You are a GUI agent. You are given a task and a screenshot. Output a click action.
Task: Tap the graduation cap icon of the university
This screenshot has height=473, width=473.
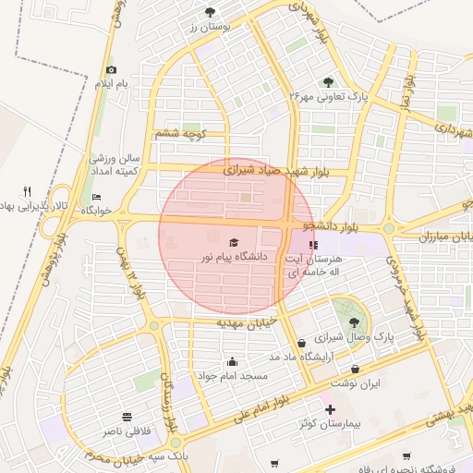[233, 243]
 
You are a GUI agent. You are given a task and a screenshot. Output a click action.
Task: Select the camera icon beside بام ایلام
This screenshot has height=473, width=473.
[112, 69]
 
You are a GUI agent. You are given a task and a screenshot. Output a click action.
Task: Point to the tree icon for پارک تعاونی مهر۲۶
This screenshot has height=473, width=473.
[331, 81]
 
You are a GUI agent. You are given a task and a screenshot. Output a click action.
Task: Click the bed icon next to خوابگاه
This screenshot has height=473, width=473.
[97, 197]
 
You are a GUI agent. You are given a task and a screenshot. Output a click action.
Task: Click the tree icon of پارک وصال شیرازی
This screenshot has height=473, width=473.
[353, 322]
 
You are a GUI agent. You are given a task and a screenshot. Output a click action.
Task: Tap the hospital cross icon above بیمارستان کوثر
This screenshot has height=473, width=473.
[329, 409]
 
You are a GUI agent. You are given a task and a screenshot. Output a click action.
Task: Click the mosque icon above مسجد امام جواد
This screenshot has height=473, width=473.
[231, 362]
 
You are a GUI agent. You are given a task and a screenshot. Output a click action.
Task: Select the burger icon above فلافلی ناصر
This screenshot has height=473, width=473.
[126, 417]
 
